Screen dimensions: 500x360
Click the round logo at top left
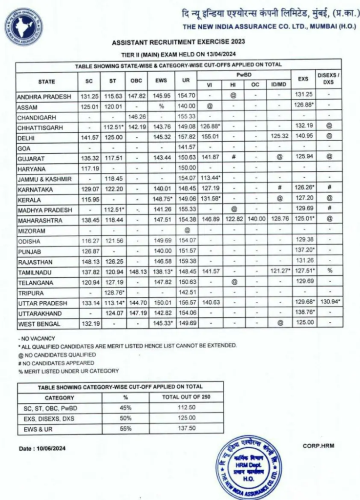tap(23, 27)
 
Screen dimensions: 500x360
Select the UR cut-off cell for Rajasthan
tap(186, 262)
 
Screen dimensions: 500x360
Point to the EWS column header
tap(161, 82)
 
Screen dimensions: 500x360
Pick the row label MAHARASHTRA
tap(38, 221)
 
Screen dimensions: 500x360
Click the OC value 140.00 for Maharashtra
tap(255, 221)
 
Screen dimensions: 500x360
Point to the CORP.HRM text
tap(318, 445)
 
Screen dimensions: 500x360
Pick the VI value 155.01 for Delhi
tap(210, 138)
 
